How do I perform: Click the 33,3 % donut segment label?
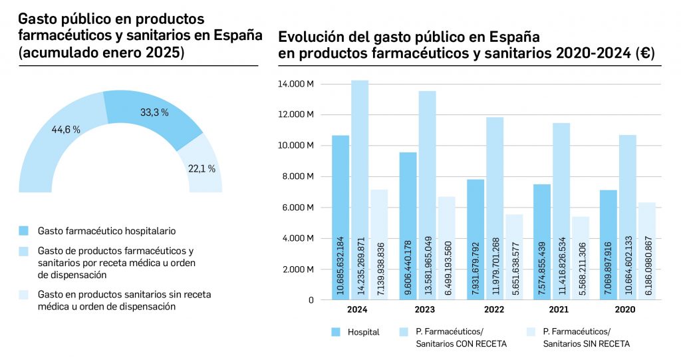(x=154, y=113)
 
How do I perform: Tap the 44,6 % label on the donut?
(x=66, y=130)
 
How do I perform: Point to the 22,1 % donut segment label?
(x=202, y=169)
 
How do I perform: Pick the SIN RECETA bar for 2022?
(x=514, y=257)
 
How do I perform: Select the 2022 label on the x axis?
(x=494, y=309)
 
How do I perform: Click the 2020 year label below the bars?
(x=625, y=309)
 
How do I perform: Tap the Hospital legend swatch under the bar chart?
(x=335, y=331)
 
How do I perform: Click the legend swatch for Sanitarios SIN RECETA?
(x=530, y=331)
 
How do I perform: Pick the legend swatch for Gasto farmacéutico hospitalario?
(x=24, y=231)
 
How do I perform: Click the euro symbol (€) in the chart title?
(x=644, y=55)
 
